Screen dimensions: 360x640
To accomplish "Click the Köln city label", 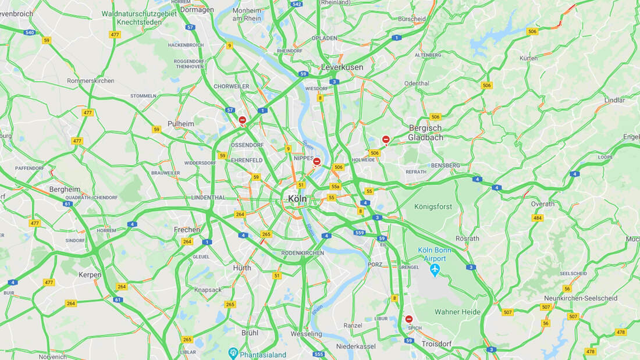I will pyautogui.click(x=297, y=199).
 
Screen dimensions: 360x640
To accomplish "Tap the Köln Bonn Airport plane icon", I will pyautogui.click(x=435, y=270).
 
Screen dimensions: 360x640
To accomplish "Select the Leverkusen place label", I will pyautogui.click(x=342, y=67).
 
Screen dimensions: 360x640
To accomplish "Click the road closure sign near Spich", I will pyautogui.click(x=409, y=319).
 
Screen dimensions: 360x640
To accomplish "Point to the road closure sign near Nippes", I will pyautogui.click(x=317, y=161).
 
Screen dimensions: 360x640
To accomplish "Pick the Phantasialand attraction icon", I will pyautogui.click(x=233, y=352).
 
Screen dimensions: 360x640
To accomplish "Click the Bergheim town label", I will pyautogui.click(x=65, y=190).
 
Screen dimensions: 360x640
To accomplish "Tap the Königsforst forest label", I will pyautogui.click(x=433, y=206).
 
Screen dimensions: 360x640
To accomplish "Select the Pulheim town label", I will pyautogui.click(x=180, y=124).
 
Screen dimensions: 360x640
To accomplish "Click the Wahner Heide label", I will pyautogui.click(x=458, y=312).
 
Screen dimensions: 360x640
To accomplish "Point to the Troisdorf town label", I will pyautogui.click(x=436, y=344).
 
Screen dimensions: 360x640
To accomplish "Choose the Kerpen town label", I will pyautogui.click(x=90, y=275).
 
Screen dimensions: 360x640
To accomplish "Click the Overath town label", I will pyautogui.click(x=543, y=204).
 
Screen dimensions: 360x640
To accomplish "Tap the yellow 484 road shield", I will pyautogui.click(x=538, y=218).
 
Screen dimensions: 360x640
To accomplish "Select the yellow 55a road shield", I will pyautogui.click(x=335, y=187).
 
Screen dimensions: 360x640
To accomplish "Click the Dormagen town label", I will pyautogui.click(x=197, y=10).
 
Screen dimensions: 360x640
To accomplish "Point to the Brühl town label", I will pyautogui.click(x=250, y=333).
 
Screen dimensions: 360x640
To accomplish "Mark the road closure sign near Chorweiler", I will pyautogui.click(x=243, y=120).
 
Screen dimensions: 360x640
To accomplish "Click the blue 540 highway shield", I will pyautogui.click(x=30, y=33).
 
